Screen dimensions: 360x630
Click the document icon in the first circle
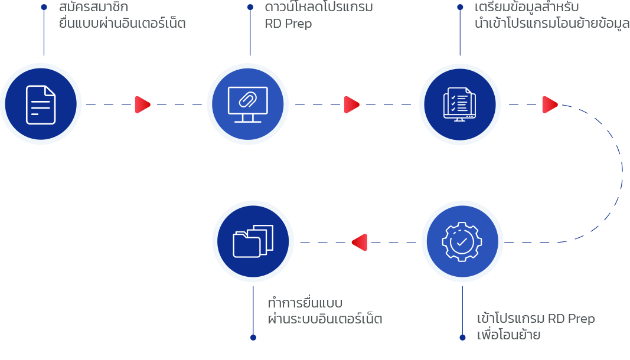[41, 104]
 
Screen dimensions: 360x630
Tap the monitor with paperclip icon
[247, 104]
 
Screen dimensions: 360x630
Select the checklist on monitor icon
[460, 104]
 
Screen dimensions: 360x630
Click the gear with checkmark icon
[462, 241]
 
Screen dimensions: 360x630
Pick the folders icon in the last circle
[253, 241]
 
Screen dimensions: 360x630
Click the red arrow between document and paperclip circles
[142, 104]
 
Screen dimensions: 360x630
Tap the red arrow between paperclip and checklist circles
[351, 104]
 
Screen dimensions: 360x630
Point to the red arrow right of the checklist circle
[550, 104]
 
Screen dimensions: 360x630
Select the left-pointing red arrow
[359, 242]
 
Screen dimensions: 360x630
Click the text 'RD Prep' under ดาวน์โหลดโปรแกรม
[288, 24]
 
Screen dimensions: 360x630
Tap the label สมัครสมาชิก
[93, 8]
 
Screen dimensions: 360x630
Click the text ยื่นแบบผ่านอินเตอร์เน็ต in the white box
[123, 24]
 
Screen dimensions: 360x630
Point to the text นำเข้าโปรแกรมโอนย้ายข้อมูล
[551, 24]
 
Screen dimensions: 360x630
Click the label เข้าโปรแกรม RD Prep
[536, 319]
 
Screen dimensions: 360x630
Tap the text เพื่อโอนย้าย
[508, 335]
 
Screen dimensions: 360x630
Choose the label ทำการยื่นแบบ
[305, 303]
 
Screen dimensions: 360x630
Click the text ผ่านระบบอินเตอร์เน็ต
[325, 319]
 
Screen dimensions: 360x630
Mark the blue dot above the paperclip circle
[250, 7]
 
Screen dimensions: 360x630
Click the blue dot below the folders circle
[253, 338]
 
